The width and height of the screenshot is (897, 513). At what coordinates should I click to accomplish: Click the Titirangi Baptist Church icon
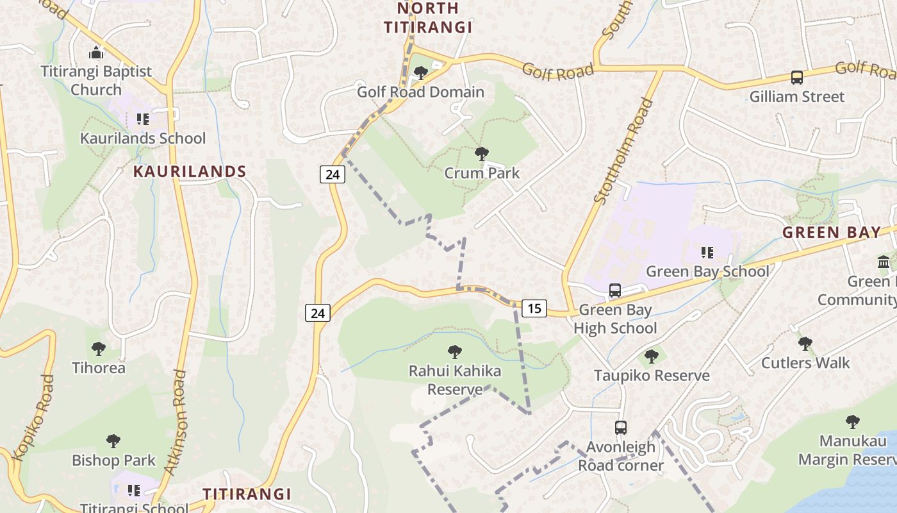[x=97, y=52]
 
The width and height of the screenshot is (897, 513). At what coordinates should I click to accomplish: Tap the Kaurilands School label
[x=143, y=138]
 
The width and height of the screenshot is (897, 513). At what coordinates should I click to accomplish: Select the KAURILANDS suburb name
[x=190, y=171]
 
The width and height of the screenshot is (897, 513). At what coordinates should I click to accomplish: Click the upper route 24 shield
[x=333, y=174]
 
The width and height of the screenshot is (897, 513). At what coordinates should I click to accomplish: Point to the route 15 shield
[x=534, y=308]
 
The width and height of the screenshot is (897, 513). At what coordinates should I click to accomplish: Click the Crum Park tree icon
[x=482, y=154]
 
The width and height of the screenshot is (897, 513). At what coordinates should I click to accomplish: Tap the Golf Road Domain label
[x=420, y=92]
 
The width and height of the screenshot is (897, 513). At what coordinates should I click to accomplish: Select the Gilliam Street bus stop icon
[x=797, y=78]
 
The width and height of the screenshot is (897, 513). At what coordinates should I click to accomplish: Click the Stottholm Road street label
[x=623, y=151]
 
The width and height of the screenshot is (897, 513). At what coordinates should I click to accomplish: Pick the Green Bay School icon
[x=707, y=253]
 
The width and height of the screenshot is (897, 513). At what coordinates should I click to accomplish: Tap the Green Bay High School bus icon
[x=615, y=290]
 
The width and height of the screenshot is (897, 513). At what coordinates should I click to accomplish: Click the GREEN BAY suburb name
[x=832, y=232]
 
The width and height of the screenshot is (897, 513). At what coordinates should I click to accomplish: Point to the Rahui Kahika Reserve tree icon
[x=455, y=352]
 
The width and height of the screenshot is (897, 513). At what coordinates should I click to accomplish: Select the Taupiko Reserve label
[x=652, y=375]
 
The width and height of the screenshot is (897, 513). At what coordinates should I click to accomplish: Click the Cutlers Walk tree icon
[x=805, y=344]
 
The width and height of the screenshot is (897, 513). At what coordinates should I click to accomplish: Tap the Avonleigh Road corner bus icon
[x=620, y=427]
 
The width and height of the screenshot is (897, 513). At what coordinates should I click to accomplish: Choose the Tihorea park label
[x=99, y=367]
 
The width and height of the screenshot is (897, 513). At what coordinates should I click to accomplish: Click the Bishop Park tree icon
[x=113, y=441]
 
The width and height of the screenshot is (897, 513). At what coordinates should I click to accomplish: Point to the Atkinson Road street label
[x=175, y=421]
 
